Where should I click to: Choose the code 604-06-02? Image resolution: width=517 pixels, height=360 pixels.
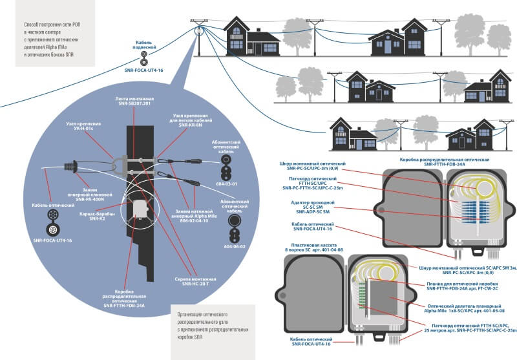(233, 246)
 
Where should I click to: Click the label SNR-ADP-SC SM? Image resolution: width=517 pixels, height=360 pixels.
(313, 212)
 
